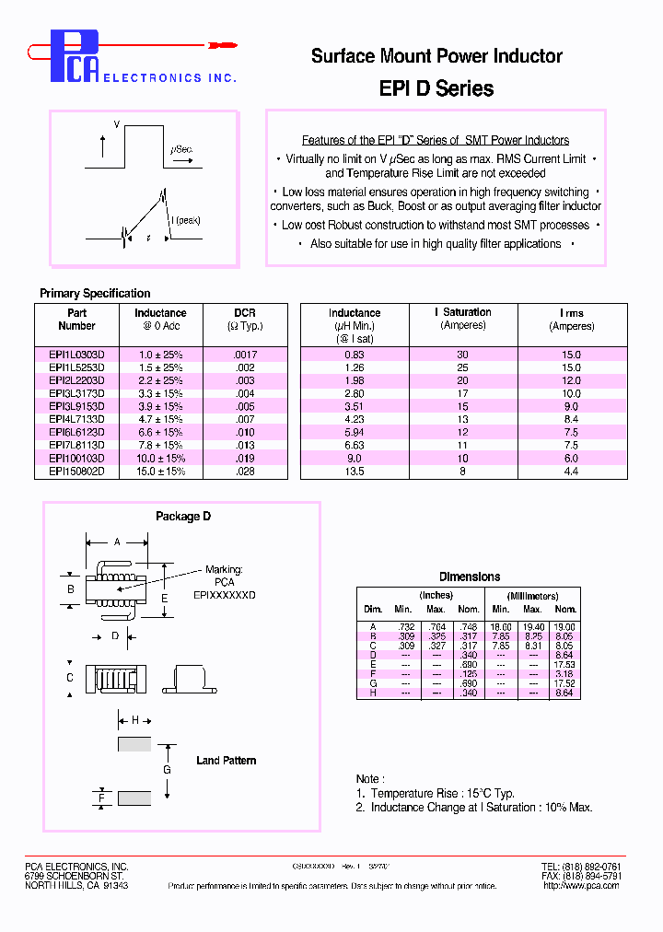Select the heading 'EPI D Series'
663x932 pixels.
point(436,88)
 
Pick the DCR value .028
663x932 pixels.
point(244,471)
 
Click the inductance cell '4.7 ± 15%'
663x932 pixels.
point(160,419)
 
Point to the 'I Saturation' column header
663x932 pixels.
point(462,313)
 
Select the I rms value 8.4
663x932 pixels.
point(571,419)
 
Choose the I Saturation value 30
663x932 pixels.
point(462,355)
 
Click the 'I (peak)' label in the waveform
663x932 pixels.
point(185,221)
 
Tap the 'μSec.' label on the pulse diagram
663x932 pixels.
point(181,149)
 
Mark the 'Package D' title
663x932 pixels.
point(182,517)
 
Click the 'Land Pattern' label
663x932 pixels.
point(226,761)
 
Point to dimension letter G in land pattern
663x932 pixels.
point(167,769)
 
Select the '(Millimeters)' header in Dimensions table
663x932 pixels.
point(532,596)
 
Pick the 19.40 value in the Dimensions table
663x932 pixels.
point(532,626)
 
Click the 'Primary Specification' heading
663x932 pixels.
point(95,294)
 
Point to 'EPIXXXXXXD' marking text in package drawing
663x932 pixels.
point(224,595)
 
